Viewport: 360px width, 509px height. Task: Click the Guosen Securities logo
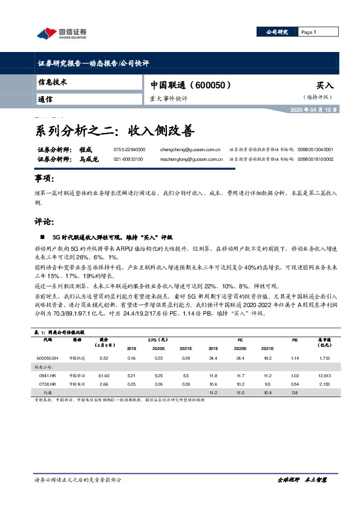(x=61, y=33)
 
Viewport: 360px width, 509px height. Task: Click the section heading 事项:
(x=44, y=180)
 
